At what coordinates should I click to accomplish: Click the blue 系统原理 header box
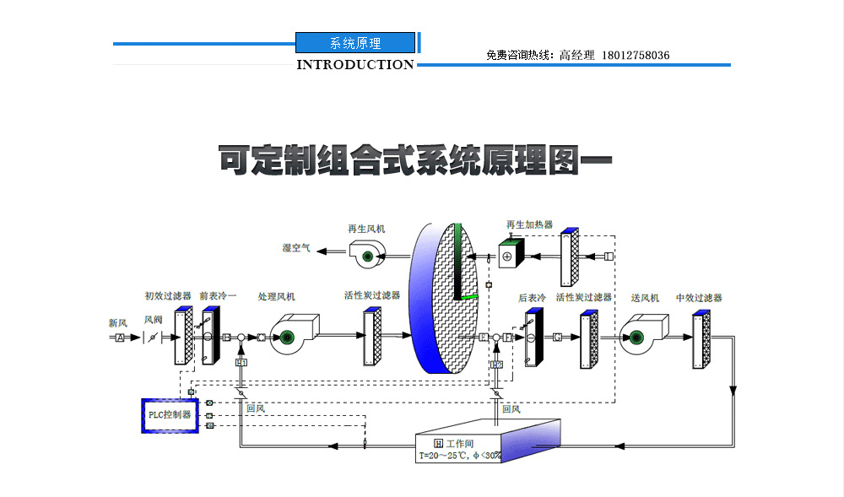(355, 43)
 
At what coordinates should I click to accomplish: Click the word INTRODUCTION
(355, 64)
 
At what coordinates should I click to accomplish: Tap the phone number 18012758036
(636, 56)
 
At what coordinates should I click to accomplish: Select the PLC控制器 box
(169, 415)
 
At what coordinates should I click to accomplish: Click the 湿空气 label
(296, 248)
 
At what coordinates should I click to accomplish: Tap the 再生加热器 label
(529, 225)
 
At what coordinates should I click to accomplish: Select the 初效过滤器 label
(168, 297)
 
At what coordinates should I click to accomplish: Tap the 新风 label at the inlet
(118, 322)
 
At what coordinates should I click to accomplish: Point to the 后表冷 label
(532, 298)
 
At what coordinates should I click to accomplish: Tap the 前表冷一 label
(218, 297)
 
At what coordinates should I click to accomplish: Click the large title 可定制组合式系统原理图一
(414, 160)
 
